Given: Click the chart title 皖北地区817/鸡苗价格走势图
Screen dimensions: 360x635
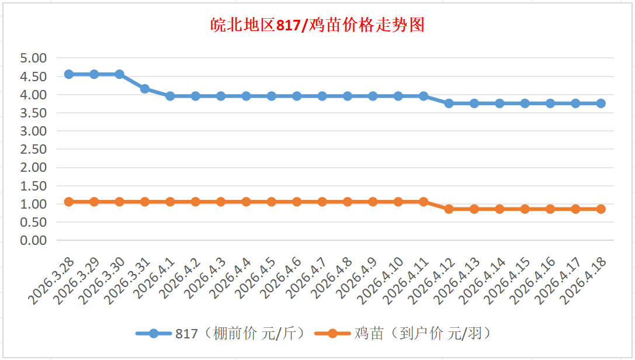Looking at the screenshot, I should point(317,26).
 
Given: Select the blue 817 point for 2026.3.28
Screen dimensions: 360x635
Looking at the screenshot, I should point(69,74).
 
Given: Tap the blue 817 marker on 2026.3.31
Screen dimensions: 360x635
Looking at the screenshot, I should point(145,89).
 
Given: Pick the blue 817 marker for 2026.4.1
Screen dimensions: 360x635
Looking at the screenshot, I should point(170,96).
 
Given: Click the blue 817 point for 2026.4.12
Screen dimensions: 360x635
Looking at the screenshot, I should point(449,103).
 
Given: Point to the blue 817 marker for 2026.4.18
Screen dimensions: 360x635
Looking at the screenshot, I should point(601,103).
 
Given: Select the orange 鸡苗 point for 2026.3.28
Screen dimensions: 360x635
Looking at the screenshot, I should point(69,202).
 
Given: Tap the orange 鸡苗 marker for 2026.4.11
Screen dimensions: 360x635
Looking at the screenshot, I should point(424,202).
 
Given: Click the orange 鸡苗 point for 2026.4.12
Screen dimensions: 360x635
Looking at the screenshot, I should point(449,209).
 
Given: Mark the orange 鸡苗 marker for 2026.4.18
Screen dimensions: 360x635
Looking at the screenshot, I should point(601,209).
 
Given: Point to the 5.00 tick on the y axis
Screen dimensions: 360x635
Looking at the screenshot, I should point(33,58).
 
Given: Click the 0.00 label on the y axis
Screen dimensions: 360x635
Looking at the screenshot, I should point(33,240).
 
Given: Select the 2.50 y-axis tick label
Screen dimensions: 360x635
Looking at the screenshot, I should point(33,149).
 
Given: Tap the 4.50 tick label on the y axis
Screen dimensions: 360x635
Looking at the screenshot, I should point(33,77).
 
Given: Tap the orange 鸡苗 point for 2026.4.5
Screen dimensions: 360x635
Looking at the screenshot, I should point(272,202).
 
